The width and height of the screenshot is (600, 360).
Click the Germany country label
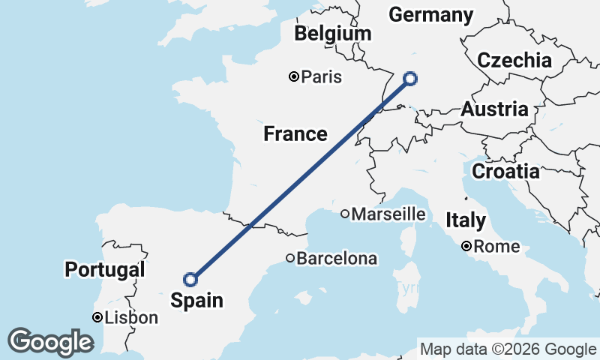tap(431, 15)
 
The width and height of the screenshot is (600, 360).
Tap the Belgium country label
tap(333, 34)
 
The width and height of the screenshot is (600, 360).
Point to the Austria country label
tap(494, 109)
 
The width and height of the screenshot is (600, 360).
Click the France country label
tap(295, 134)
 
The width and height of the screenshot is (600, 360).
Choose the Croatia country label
tap(505, 171)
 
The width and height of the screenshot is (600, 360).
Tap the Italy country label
tap(466, 220)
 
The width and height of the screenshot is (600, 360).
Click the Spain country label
tap(196, 301)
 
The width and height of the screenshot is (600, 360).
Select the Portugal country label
tap(104, 269)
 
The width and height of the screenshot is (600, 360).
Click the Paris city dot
tap(294, 76)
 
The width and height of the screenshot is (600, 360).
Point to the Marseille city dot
tap(345, 214)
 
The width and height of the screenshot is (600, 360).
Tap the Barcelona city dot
tap(290, 258)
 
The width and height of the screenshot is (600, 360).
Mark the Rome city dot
tap(466, 246)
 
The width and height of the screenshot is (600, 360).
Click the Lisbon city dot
tap(97, 318)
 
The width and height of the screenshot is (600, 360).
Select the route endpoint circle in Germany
tap(410, 77)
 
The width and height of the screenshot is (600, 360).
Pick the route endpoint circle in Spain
tap(190, 279)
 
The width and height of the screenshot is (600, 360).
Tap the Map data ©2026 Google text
tap(508, 349)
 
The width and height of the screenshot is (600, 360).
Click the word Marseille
tap(388, 214)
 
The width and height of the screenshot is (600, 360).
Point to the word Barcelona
tap(337, 259)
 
